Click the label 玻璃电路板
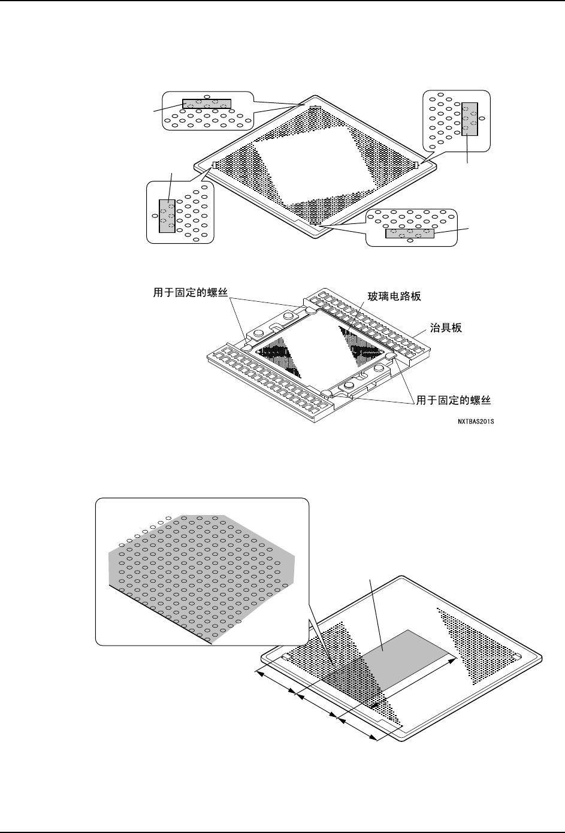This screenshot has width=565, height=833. pos(396,296)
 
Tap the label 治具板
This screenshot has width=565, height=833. pos(446,329)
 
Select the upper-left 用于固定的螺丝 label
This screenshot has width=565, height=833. pos(191,293)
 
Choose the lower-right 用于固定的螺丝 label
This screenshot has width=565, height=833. pos(454,398)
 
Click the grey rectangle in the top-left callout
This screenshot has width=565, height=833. pos(206,104)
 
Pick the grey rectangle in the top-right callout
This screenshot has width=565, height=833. pos(470,119)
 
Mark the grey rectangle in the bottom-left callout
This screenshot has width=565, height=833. pos(167,216)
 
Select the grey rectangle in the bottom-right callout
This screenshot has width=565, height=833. pos(410,234)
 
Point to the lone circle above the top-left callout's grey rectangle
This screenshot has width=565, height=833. pos(207,96)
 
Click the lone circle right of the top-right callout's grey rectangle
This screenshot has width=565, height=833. pos(483,119)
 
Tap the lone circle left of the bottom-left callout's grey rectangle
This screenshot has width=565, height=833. pos(155,214)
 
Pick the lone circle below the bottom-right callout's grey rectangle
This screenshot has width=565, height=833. pos(409,242)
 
